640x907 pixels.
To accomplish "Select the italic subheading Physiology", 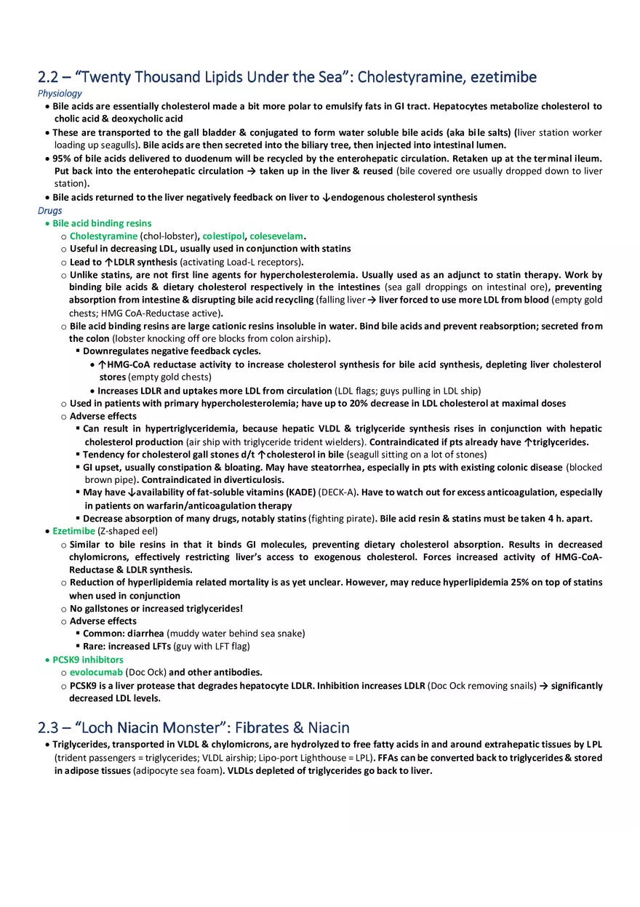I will tap(60, 93).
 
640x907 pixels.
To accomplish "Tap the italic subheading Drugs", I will tap(50, 211).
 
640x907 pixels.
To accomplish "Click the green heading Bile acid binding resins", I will tap(102, 223).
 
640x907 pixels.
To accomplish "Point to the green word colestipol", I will tap(224, 236).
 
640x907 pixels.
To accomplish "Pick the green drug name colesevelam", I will tap(276, 236).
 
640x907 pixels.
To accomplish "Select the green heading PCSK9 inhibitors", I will tap(88, 660).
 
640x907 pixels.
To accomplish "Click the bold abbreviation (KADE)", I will tap(300, 492).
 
